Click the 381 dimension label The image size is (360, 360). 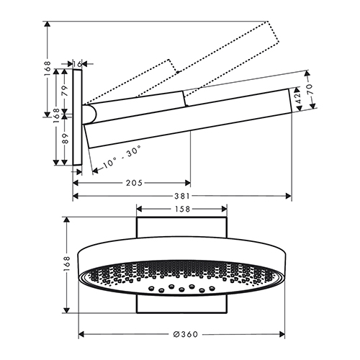[182, 196]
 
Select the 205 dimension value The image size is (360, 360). [134, 183]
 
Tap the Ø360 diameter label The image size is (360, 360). [186, 334]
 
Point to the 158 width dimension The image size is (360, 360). [182, 209]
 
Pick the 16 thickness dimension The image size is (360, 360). [77, 64]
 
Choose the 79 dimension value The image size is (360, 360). [65, 91]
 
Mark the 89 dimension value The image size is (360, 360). [65, 138]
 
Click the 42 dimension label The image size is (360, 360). [298, 98]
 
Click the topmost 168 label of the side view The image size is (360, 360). [48, 69]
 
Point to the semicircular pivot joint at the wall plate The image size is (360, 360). [90, 114]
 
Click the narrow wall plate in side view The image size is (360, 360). [77, 117]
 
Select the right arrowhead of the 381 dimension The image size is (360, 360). [289, 196]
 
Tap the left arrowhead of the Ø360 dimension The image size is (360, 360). [82, 334]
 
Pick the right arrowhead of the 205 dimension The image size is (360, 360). [187, 183]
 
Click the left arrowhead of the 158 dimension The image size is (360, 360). [140, 209]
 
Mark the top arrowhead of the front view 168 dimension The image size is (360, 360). [66, 220]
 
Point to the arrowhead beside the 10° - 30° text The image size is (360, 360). [95, 170]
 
